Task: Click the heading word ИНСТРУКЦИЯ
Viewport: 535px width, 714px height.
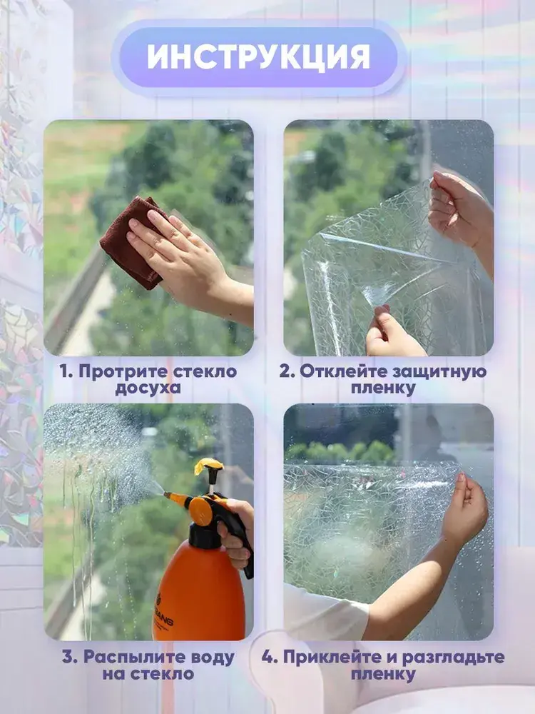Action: tap(258, 57)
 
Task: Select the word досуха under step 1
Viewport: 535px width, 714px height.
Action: tap(148, 388)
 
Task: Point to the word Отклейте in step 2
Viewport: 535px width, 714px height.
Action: tap(340, 371)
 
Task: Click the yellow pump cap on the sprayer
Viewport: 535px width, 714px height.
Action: tap(208, 466)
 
